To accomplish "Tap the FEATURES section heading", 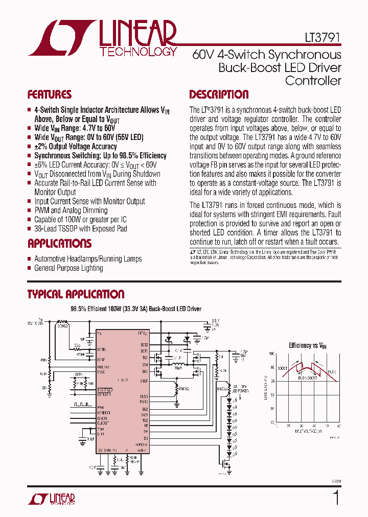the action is point(49,95).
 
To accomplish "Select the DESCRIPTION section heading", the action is point(219,95).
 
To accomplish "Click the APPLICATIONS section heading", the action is point(59,243).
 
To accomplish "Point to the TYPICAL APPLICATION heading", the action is point(76,294).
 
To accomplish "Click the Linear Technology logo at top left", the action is point(102,38).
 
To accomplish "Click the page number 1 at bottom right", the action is point(336,497).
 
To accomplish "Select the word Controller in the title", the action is point(313,80).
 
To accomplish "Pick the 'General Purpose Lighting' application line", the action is point(68,268).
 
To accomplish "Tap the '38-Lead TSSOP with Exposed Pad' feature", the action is point(80,229).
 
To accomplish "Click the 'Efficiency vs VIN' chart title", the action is point(307,345).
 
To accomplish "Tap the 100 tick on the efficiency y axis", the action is point(272,354).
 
